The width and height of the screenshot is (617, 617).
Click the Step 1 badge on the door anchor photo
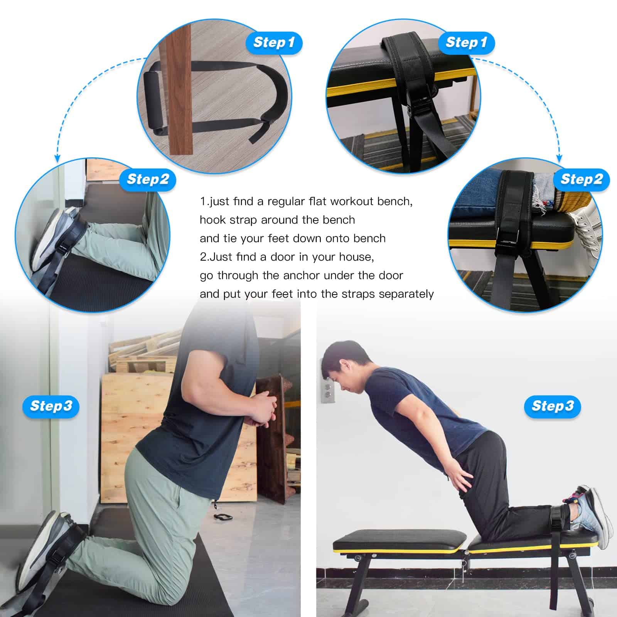(x=274, y=42)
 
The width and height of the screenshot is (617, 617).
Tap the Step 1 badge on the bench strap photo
(x=466, y=42)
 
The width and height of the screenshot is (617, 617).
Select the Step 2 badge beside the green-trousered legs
(x=148, y=179)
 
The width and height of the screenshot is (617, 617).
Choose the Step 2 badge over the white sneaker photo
(x=582, y=179)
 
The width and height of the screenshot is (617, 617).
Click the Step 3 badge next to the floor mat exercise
(x=51, y=406)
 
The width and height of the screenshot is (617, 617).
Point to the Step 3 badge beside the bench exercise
(x=553, y=406)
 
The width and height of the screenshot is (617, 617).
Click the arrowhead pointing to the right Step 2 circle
(x=560, y=158)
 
